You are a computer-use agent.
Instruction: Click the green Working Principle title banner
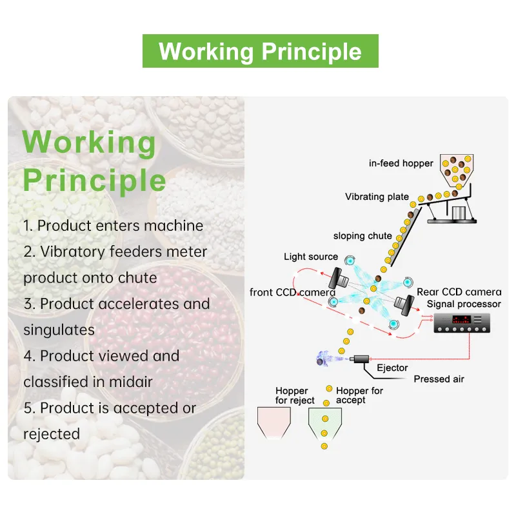point(261,51)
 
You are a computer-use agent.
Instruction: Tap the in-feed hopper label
point(401,163)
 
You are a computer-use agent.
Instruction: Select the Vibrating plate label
point(377,197)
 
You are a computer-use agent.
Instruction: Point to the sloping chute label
point(362,235)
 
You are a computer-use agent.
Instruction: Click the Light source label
point(311,257)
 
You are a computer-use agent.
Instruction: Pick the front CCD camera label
point(292,292)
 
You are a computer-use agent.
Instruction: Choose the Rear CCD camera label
point(459,292)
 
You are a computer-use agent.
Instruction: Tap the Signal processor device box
point(462,323)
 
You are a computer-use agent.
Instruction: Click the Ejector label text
point(392,368)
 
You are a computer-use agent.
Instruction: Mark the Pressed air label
point(439,379)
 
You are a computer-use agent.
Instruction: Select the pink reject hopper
point(273,422)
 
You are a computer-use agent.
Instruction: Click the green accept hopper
point(325,424)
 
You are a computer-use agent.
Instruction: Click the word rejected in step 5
point(52,434)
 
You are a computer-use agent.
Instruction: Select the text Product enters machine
point(120,226)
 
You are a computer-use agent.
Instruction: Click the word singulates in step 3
point(59,330)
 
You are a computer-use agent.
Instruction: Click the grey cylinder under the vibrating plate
point(459,213)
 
